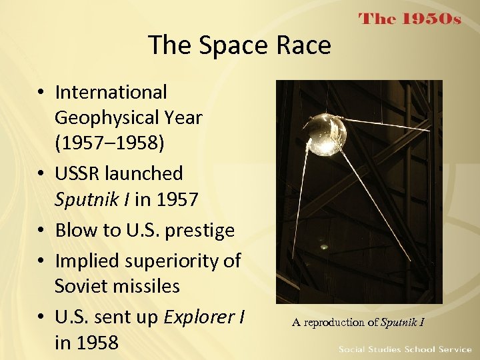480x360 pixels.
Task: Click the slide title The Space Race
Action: point(239,45)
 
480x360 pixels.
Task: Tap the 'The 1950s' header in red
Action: point(409,19)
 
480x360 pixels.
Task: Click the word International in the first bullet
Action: point(111,92)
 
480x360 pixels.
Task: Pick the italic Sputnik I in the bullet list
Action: point(91,200)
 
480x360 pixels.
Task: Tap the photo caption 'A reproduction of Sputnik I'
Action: point(358,323)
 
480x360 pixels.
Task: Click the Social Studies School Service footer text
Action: point(405,349)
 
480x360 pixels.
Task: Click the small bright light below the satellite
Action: point(324,247)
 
